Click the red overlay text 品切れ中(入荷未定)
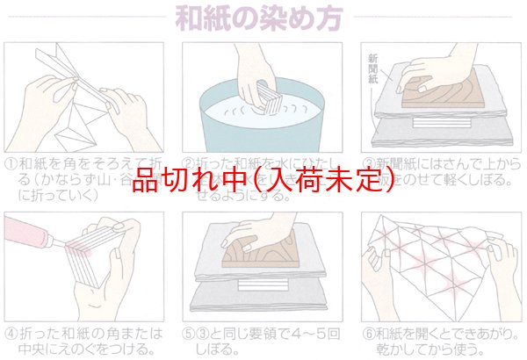pos(263,182)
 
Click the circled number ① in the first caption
pos(11,163)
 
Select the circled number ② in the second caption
pos(188,163)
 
